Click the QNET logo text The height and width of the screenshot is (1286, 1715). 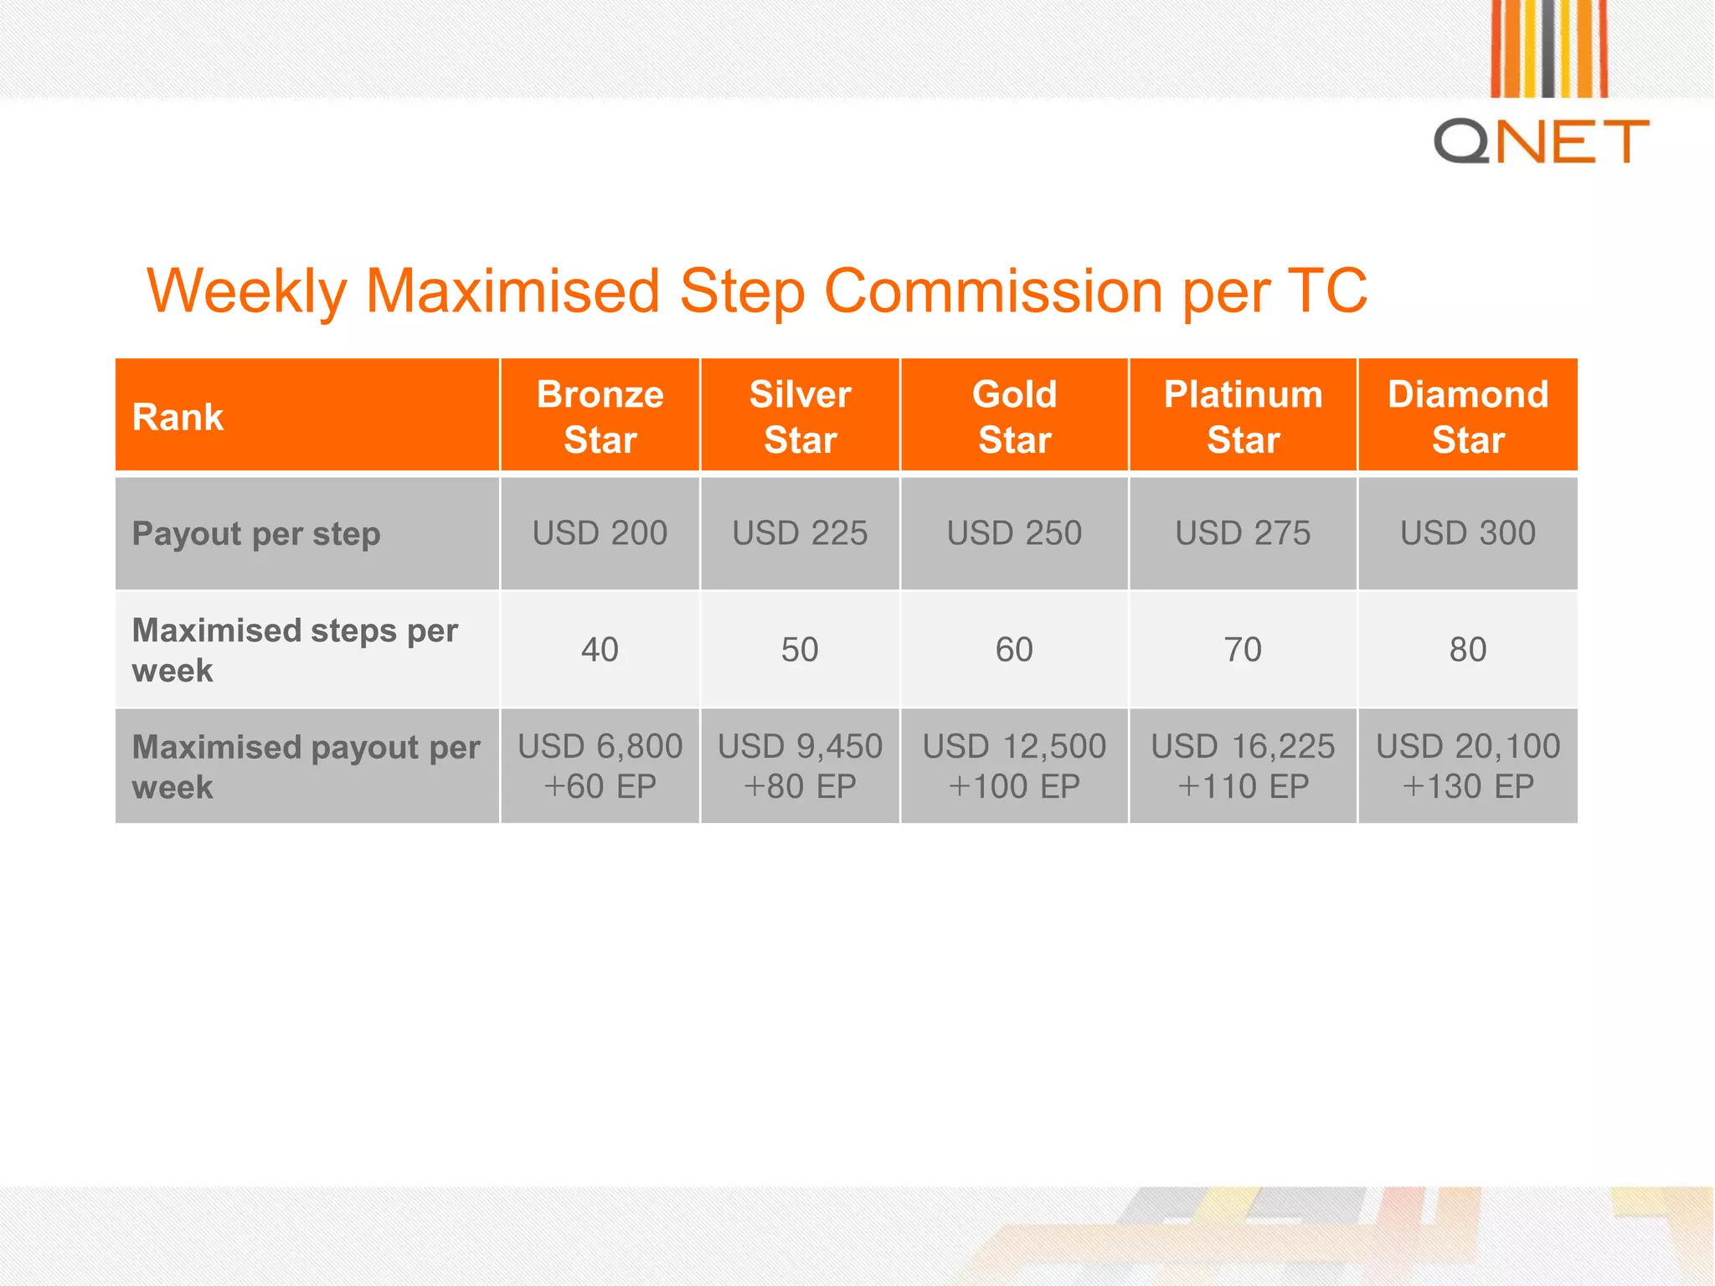click(x=1541, y=141)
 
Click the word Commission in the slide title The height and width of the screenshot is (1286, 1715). click(x=994, y=291)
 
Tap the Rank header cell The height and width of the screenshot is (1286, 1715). click(x=178, y=417)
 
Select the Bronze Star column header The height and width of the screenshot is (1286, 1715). click(x=600, y=417)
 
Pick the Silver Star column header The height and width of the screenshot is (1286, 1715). click(x=800, y=417)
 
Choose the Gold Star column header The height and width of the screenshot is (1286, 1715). click(x=1014, y=417)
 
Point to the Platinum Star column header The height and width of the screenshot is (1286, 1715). click(x=1243, y=417)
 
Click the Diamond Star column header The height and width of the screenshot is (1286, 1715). click(x=1467, y=417)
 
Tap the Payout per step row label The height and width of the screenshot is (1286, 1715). click(x=256, y=533)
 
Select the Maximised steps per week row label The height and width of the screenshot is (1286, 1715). click(x=295, y=650)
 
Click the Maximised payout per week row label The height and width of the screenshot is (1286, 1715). click(x=306, y=766)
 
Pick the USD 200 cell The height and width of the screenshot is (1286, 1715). click(x=600, y=533)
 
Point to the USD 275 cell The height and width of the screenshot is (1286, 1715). click(x=1243, y=533)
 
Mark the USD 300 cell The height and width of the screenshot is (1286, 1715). click(x=1467, y=533)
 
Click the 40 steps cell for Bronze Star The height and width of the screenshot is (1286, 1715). click(x=600, y=650)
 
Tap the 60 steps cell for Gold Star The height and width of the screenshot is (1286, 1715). click(x=1014, y=650)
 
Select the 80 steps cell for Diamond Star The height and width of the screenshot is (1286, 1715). click(x=1467, y=650)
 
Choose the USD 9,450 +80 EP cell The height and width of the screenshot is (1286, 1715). click(x=800, y=766)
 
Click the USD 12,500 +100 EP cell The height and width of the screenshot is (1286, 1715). click(x=1014, y=766)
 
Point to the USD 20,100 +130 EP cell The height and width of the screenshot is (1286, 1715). click(x=1467, y=766)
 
